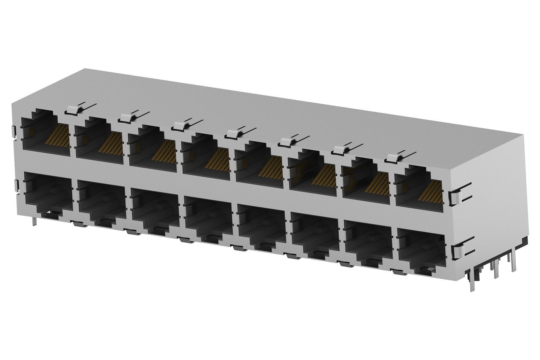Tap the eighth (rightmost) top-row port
pyautogui.click(x=419, y=189)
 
